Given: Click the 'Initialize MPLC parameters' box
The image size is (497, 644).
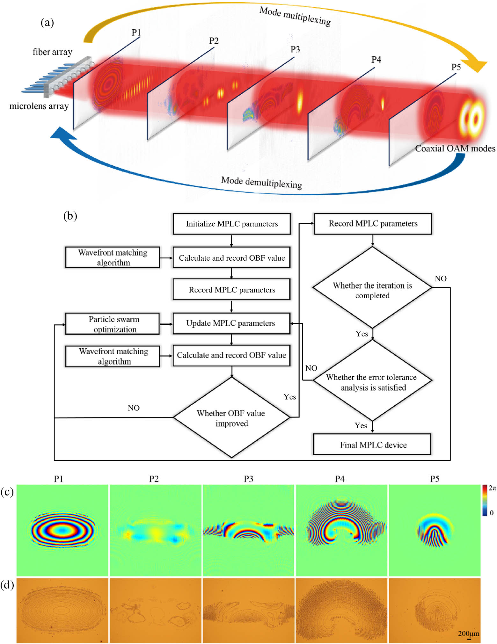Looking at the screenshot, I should [232, 224].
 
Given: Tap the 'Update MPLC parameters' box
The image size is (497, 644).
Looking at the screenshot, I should [231, 323].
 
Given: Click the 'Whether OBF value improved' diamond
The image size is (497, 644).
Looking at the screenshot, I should [231, 418].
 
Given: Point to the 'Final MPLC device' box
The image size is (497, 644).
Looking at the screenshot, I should [372, 445].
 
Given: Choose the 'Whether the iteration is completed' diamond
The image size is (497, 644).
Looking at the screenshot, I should [372, 288].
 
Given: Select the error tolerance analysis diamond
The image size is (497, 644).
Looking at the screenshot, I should [372, 381].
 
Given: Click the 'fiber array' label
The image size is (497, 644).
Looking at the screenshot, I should [53, 52].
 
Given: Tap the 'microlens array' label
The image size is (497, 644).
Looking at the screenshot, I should [39, 106].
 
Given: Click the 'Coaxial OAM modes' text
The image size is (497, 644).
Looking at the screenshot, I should [455, 148].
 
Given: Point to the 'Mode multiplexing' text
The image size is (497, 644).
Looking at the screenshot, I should [295, 16].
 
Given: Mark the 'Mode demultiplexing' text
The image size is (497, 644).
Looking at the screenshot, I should [261, 183].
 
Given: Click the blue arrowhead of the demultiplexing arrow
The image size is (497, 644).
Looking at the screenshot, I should [62, 134].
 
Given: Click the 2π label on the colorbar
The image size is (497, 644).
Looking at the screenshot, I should [492, 488].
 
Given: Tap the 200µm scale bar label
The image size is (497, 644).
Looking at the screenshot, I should [468, 634].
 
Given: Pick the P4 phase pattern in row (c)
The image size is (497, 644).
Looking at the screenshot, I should [341, 530].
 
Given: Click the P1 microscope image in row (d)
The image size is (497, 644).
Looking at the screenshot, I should [62, 611].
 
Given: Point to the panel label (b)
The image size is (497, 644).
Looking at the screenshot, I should [70, 216].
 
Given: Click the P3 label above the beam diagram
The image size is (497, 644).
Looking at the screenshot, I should [295, 49].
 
